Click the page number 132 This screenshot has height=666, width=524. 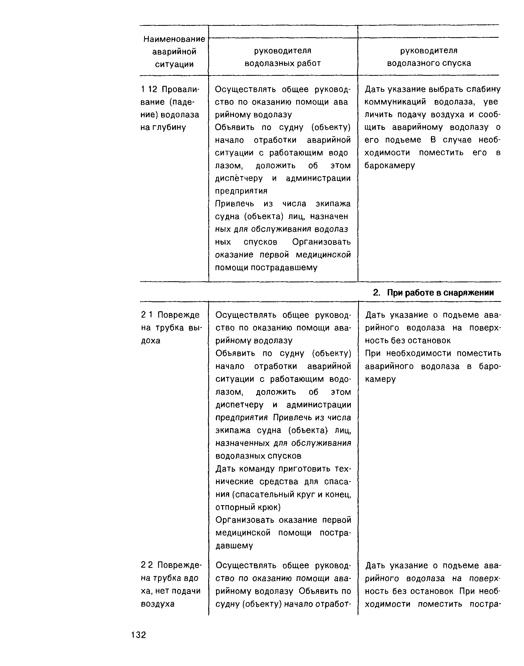139,634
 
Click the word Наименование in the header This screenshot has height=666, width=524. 174,39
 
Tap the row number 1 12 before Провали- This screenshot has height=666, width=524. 149,89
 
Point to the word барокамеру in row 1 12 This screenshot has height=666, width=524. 389,165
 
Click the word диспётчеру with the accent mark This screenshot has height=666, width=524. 239,178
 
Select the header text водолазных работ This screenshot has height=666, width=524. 282,63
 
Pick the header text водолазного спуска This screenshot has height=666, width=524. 429,63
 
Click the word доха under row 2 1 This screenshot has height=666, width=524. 151,341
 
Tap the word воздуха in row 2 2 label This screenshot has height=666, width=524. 157,604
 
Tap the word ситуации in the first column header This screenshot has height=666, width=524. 174,64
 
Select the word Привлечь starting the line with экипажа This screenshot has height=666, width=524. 234,204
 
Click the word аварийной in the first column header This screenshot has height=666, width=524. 174,52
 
